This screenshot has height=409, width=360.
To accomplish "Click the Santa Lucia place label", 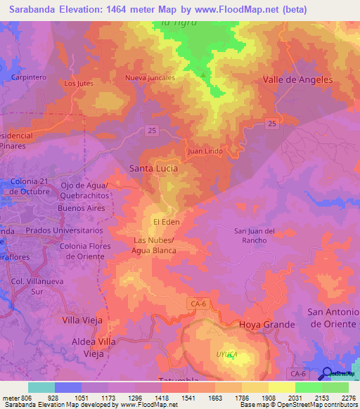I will point(153,169).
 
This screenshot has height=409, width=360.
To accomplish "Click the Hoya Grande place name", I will point(266,325).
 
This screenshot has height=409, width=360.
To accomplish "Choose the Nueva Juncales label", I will point(150,78).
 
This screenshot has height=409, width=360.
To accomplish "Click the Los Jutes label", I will point(78,84).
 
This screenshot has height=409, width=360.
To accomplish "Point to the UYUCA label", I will point(226,355).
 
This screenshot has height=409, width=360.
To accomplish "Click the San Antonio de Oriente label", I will point(333,317).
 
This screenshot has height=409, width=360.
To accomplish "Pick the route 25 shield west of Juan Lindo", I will point(152,130).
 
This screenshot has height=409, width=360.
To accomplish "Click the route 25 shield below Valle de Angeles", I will point(271,124).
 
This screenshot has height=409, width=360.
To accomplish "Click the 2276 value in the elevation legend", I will point(349,398).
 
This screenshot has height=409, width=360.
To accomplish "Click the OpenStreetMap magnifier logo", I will point(326,374).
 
